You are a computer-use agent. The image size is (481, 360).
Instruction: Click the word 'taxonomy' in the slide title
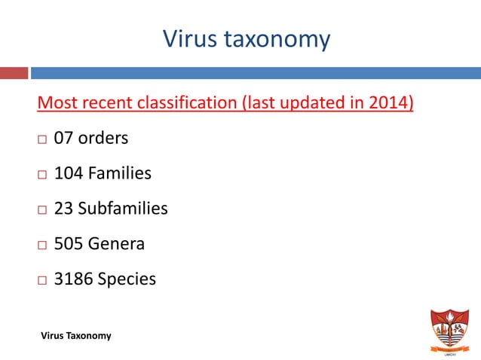tap(280, 39)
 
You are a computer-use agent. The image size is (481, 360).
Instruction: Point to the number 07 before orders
tap(64, 139)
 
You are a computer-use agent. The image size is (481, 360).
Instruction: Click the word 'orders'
tap(103, 139)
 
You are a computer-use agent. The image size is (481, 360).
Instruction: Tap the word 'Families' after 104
tap(119, 173)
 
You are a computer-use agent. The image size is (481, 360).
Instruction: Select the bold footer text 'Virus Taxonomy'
tap(76, 335)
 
